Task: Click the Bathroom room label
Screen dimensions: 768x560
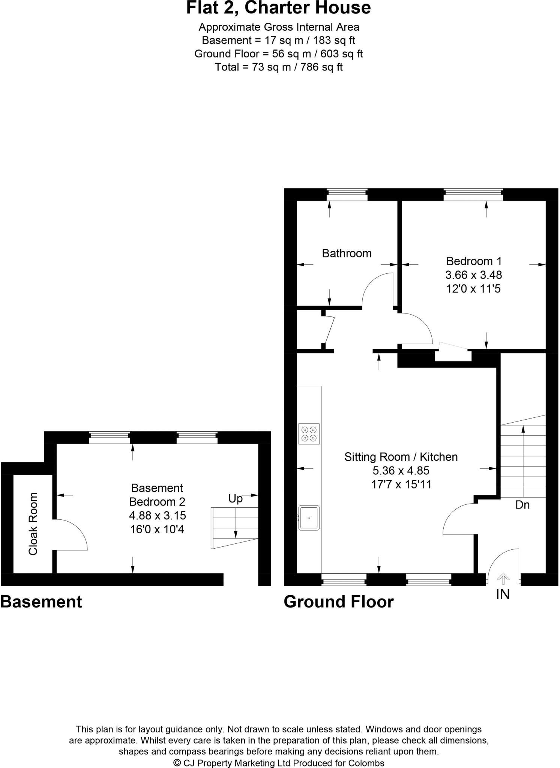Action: pos(347,253)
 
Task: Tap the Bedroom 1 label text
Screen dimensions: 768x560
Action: pos(473,261)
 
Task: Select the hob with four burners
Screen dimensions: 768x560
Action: pos(309,434)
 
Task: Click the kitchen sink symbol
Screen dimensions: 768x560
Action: pos(309,518)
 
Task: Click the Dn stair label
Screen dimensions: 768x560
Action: pos(522,505)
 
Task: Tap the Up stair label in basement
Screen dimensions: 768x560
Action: pos(236,499)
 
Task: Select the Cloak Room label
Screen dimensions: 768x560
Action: pos(33,524)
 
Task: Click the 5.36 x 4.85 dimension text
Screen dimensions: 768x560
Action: pos(401,471)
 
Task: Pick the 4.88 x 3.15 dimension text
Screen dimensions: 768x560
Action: pos(157,516)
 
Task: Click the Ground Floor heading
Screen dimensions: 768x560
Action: pos(339,602)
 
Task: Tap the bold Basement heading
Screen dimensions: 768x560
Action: pos(41,602)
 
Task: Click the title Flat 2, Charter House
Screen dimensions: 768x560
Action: pos(278,8)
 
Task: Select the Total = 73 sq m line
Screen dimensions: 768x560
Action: pos(278,67)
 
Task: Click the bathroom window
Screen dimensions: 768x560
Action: pos(347,195)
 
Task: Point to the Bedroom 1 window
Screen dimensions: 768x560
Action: pos(473,195)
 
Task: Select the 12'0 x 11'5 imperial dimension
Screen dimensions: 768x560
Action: pos(473,289)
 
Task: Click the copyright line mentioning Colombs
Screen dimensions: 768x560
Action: pos(278,763)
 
